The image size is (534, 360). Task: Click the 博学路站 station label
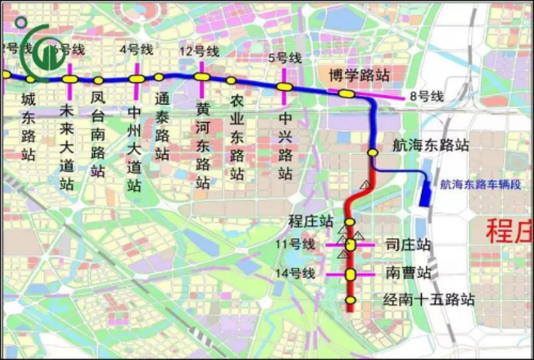pyautogui.click(x=359, y=75)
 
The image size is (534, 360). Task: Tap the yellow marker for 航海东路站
pyautogui.click(x=373, y=152)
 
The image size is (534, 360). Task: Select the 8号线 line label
pyautogui.click(x=426, y=96)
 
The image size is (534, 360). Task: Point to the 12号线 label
pyautogui.click(x=199, y=52)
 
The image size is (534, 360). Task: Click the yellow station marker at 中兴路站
pyautogui.click(x=284, y=87)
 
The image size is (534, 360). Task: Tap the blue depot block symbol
pyautogui.click(x=425, y=194)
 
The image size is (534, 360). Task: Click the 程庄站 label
pyautogui.click(x=311, y=221)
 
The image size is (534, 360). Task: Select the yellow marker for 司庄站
pyautogui.click(x=351, y=245)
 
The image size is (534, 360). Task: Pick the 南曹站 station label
pyautogui.click(x=409, y=273)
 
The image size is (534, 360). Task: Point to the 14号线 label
pyautogui.click(x=299, y=274)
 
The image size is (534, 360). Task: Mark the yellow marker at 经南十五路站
pyautogui.click(x=351, y=300)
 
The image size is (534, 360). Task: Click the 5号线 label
pyautogui.click(x=285, y=58)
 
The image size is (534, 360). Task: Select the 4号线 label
pyautogui.click(x=136, y=50)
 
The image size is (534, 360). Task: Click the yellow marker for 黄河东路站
pyautogui.click(x=202, y=77)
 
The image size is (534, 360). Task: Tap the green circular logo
pyautogui.click(x=42, y=53)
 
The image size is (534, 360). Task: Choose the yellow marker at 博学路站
pyautogui.click(x=346, y=93)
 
